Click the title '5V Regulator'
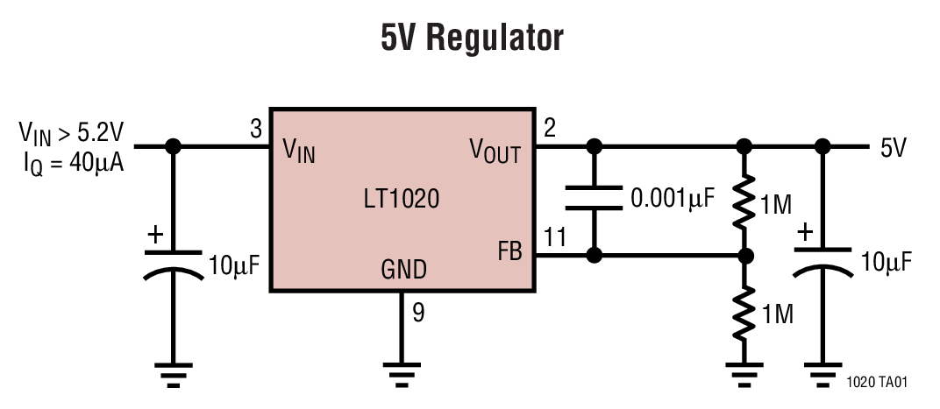click(x=471, y=39)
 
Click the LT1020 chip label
click(x=402, y=200)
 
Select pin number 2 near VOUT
click(x=550, y=130)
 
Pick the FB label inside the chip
click(x=509, y=253)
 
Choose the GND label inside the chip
click(x=403, y=270)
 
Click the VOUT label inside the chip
click(x=495, y=153)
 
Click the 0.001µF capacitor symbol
click(x=595, y=199)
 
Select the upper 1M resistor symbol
click(x=744, y=201)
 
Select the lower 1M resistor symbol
click(x=744, y=313)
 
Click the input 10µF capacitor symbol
click(x=173, y=264)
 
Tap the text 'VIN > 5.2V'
click(x=72, y=133)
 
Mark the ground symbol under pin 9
click(x=402, y=375)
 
